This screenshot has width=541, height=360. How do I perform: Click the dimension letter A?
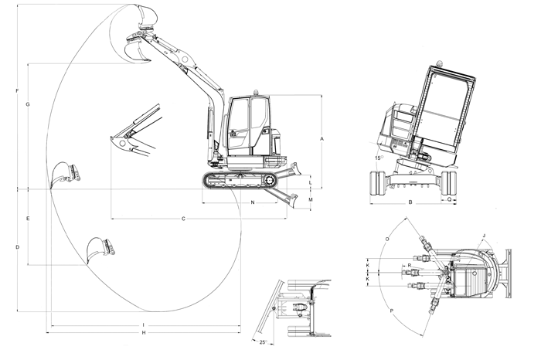pyautogui.click(x=321, y=138)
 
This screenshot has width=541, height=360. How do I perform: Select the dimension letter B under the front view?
pyautogui.click(x=410, y=203)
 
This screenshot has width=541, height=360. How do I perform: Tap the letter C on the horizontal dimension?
pyautogui.click(x=183, y=219)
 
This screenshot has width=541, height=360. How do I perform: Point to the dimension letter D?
pyautogui.click(x=17, y=247)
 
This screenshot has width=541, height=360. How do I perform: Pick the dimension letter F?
pyautogui.click(x=17, y=92)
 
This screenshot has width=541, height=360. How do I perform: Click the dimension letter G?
pyautogui.click(x=27, y=104)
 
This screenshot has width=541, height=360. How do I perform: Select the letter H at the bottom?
pyautogui.click(x=144, y=332)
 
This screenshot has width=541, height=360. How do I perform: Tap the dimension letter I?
pyautogui.click(x=144, y=324)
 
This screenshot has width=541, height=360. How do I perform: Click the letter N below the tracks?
pyautogui.click(x=253, y=202)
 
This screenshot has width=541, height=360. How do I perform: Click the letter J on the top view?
pyautogui.click(x=483, y=235)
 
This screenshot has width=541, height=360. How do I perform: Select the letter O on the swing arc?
pyautogui.click(x=386, y=239)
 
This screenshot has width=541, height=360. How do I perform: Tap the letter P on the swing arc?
pyautogui.click(x=392, y=312)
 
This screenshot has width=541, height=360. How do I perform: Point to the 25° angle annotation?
pyautogui.click(x=262, y=341)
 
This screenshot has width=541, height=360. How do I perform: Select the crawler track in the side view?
pyautogui.click(x=240, y=180)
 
